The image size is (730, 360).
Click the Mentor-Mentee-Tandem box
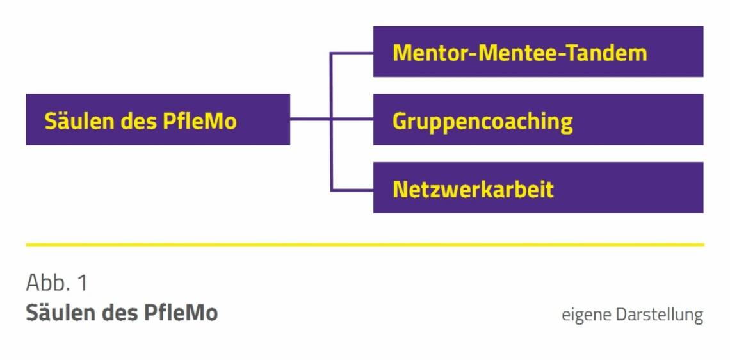click(x=538, y=51)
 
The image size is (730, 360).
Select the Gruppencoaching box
click(x=538, y=120)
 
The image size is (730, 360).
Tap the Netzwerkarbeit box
click(x=538, y=188)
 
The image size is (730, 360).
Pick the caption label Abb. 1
click(x=56, y=282)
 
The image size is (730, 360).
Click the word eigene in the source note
click(x=585, y=315)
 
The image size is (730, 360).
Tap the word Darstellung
click(x=659, y=315)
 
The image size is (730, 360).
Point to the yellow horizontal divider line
click(x=365, y=245)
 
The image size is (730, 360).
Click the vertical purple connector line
click(x=331, y=154)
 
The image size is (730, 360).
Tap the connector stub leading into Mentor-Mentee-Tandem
click(x=352, y=53)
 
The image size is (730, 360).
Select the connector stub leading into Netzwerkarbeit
click(x=352, y=190)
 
